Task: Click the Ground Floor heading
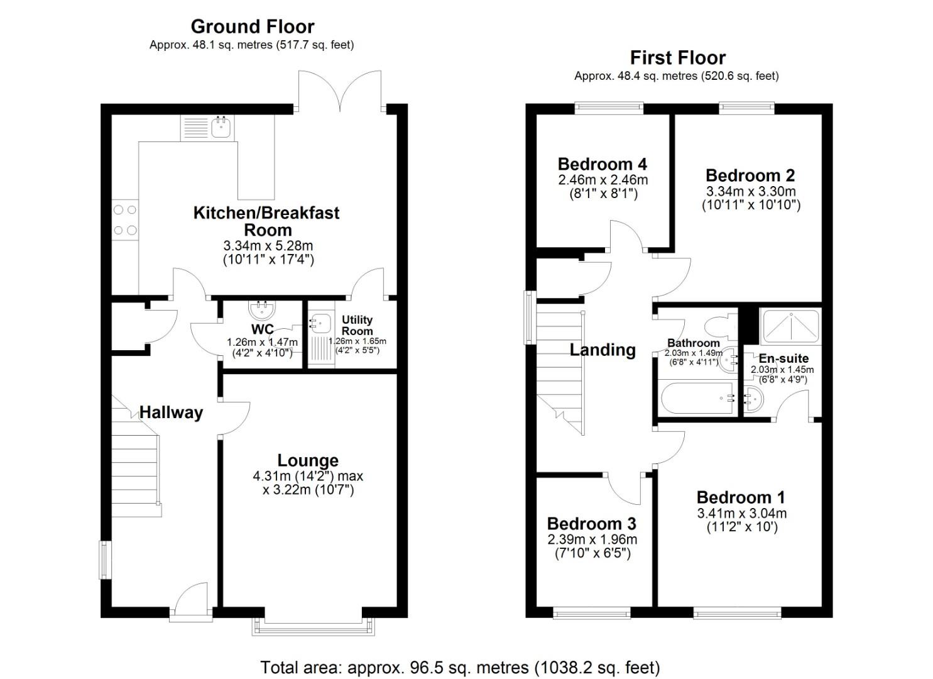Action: point(252,26)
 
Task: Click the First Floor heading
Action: point(677,58)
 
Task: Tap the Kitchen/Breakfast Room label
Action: point(266,221)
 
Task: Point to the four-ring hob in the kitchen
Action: point(124,221)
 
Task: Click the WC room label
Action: point(262,329)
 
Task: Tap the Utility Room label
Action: point(357,325)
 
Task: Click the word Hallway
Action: point(171,412)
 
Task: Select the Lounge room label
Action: point(308,461)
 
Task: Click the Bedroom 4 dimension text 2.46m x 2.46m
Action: point(603,180)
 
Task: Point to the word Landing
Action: point(602,350)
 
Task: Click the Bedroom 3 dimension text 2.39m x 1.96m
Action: point(592,539)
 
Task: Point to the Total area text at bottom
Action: point(460,667)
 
